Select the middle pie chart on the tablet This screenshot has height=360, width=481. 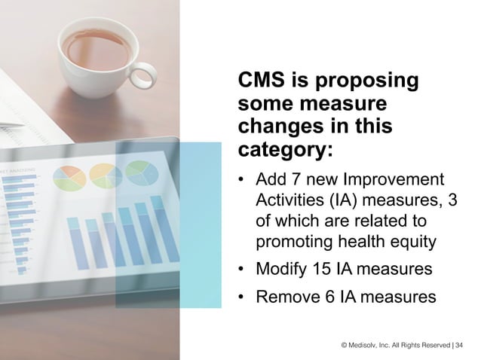tap(104, 175)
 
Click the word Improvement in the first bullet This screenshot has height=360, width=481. tap(392, 180)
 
